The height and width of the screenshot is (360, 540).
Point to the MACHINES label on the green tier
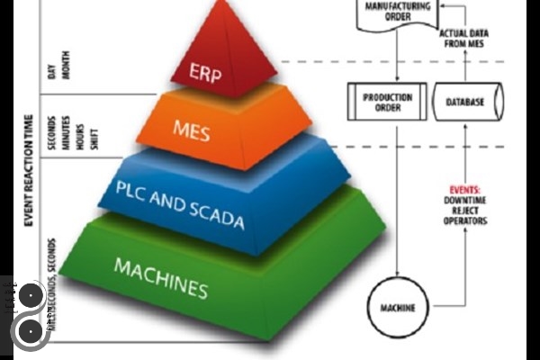pos(161,277)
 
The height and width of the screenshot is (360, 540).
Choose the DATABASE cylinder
pos(466,102)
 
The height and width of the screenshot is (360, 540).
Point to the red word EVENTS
pos(465,190)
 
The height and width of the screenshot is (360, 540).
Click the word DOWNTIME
pos(465,201)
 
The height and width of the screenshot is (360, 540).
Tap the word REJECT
pos(465,211)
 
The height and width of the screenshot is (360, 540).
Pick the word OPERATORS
pos(465,220)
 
